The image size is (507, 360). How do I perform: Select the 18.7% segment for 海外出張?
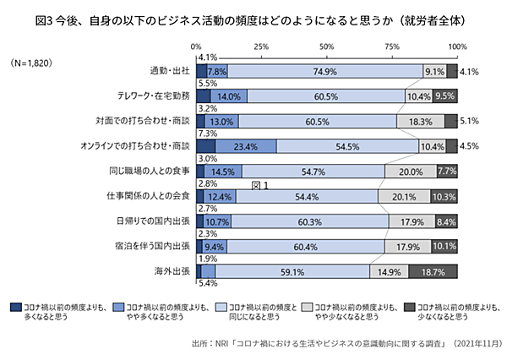(433, 272)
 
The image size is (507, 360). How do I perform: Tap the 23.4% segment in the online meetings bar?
(246, 146)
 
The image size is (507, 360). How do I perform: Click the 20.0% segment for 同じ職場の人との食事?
(410, 172)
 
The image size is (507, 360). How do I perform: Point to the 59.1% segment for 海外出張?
(292, 272)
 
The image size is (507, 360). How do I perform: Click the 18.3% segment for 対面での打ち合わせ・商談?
(420, 122)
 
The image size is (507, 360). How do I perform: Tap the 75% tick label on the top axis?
(393, 46)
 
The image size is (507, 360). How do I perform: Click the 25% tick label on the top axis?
(262, 46)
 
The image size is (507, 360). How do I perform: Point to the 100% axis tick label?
(457, 46)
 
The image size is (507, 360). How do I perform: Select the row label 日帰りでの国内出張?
(150, 221)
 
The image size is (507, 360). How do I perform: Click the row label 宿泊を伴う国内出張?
(150, 247)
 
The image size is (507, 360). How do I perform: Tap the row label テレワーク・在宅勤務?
(144, 96)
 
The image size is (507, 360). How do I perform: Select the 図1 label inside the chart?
(259, 184)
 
